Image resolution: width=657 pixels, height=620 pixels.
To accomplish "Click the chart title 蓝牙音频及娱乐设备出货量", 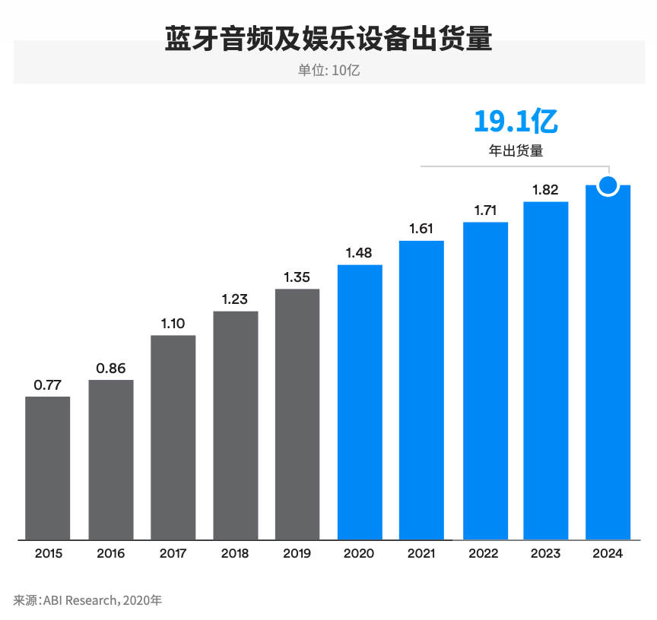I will tap(328, 39).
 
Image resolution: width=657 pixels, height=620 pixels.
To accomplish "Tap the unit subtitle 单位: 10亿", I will tap(328, 70).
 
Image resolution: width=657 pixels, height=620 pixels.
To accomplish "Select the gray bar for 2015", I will tap(48, 468).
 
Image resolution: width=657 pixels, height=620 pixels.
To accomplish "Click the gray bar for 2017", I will tap(173, 438).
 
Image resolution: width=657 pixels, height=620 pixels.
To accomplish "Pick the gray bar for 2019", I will tap(297, 414).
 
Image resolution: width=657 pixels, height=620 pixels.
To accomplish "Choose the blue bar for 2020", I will tap(360, 402).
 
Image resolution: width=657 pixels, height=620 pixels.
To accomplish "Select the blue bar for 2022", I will tap(485, 381).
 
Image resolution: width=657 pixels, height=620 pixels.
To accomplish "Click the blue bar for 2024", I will tap(608, 365).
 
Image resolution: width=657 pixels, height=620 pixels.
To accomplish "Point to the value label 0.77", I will tap(48, 384).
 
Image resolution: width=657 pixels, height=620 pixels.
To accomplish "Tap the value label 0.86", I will tap(111, 368).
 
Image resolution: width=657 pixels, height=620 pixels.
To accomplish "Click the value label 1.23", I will tap(235, 299).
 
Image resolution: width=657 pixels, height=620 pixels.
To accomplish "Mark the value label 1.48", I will tap(359, 253).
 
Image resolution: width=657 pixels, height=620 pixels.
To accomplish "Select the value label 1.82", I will tap(545, 190).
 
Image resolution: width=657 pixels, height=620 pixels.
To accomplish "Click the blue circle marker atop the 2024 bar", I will tap(608, 185).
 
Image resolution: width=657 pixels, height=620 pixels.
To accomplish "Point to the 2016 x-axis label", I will tap(111, 553).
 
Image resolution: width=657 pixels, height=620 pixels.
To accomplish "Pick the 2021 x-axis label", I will tap(421, 553).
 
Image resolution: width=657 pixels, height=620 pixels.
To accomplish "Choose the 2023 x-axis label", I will tap(545, 553).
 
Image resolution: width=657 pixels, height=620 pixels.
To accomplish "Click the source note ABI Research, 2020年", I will tap(87, 600).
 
